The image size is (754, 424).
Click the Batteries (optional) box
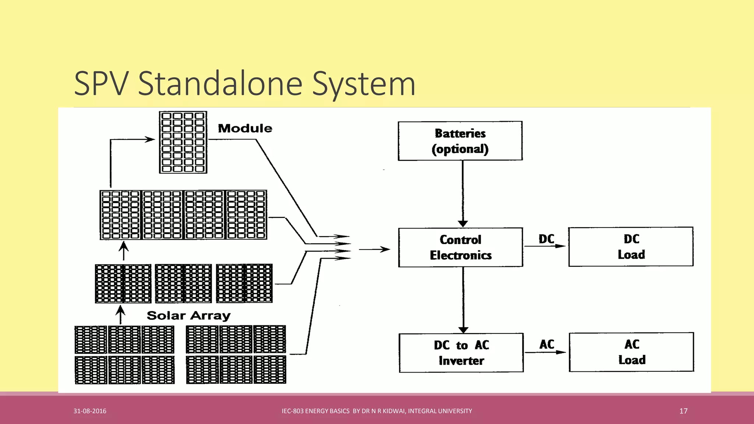click(x=460, y=141)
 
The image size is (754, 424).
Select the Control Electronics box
click(x=460, y=247)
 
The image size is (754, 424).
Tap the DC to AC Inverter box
click(x=461, y=353)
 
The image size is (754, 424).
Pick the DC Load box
click(x=631, y=247)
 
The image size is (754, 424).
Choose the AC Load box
click(x=631, y=352)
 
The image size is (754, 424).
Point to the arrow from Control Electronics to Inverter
click(x=463, y=300)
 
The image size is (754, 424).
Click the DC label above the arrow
click(x=546, y=239)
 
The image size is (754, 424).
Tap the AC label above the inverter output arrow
click(x=547, y=344)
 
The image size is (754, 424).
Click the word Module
click(x=245, y=128)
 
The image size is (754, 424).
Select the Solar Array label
click(x=188, y=316)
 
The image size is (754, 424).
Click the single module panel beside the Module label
click(x=183, y=142)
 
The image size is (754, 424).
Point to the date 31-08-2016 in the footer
click(x=90, y=411)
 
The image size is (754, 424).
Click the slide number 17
click(x=683, y=411)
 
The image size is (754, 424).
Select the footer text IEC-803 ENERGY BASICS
click(x=316, y=411)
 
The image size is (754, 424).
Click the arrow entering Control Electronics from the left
click(x=374, y=250)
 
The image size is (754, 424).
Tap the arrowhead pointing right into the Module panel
click(x=149, y=139)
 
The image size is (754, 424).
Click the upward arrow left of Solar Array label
click(x=120, y=315)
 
